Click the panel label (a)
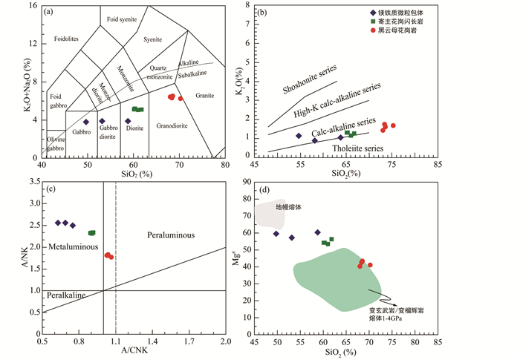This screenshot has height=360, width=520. [53, 12]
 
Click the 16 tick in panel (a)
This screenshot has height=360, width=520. [34, 6]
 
